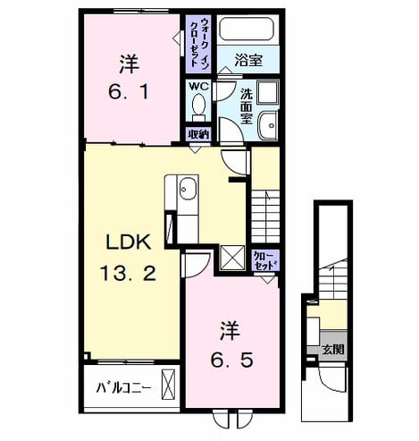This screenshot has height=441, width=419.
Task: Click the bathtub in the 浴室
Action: pyautogui.click(x=247, y=29)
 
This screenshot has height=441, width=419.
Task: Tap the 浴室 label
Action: pyautogui.click(x=248, y=60)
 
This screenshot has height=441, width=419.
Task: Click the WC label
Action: pyautogui.click(x=199, y=87)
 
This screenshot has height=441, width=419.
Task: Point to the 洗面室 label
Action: pyautogui.click(x=247, y=106)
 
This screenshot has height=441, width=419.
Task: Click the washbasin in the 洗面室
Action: pyautogui.click(x=268, y=125)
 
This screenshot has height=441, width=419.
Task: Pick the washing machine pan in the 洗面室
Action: pyautogui.click(x=267, y=92)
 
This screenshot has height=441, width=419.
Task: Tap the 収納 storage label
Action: pyautogui.click(x=199, y=135)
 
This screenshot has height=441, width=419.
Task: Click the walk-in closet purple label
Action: pyautogui.click(x=199, y=43)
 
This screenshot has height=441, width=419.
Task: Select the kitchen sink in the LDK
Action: pyautogui.click(x=189, y=190)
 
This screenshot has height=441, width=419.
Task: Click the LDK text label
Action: pyautogui.click(x=129, y=242)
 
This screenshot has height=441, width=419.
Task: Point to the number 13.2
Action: pyautogui.click(x=128, y=273)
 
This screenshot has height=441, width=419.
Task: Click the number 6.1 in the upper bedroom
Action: pyautogui.click(x=129, y=91)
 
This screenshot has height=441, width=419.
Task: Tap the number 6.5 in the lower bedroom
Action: pyautogui.click(x=232, y=360)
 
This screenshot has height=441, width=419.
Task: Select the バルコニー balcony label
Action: pyautogui.click(x=123, y=388)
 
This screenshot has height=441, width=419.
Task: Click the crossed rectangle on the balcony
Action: pyautogui.click(x=168, y=384)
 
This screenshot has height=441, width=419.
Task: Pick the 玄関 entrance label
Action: pyautogui.click(x=333, y=349)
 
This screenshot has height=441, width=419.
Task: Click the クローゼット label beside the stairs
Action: pyautogui.click(x=265, y=261)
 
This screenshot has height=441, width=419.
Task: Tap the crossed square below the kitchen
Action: pyautogui.click(x=232, y=258)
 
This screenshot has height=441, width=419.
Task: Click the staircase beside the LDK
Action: pyautogui.click(x=265, y=216)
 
